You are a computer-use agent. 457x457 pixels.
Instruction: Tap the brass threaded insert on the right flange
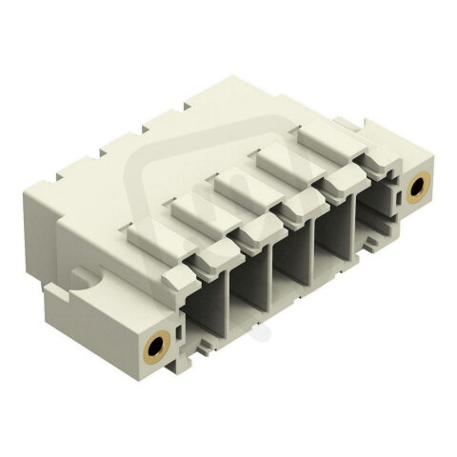point(416,189)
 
